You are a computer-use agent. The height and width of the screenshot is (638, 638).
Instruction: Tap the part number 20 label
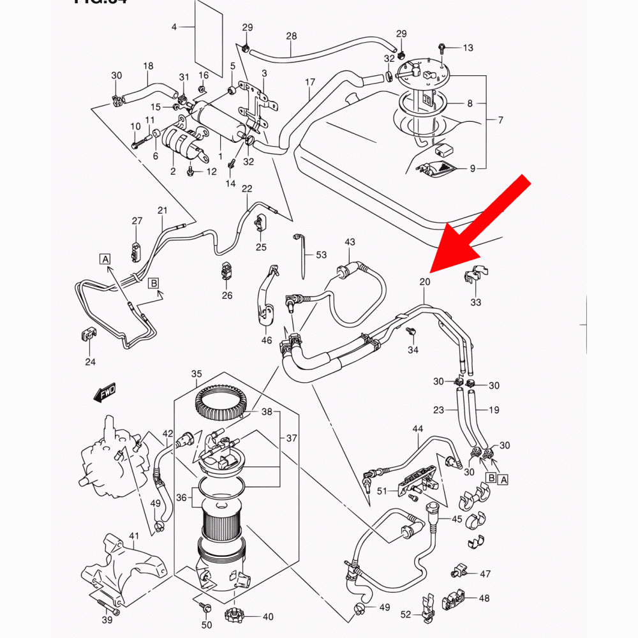click(x=425, y=281)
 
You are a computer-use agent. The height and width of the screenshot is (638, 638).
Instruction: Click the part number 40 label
click(x=268, y=617)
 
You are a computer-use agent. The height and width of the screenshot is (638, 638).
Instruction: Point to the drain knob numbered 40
click(x=234, y=617)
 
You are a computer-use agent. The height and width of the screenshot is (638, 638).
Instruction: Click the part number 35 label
click(x=197, y=374)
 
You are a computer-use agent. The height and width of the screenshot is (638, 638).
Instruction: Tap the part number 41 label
click(x=134, y=535)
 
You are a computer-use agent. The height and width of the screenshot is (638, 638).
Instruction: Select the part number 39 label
click(x=107, y=620)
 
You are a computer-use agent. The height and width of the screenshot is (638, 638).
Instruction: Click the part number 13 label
click(x=468, y=48)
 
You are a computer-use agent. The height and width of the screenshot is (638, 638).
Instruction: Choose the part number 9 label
click(x=473, y=168)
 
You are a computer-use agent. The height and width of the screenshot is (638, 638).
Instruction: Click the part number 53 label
click(x=321, y=255)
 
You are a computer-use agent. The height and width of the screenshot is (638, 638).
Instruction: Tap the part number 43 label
click(x=350, y=242)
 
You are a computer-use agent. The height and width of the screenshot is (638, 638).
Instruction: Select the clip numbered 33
click(x=475, y=277)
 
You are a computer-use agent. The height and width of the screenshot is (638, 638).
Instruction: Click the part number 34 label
click(x=413, y=350)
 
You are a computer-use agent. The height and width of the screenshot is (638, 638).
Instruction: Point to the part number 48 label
click(x=484, y=598)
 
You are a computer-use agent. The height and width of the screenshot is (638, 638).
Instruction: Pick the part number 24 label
click(x=90, y=362)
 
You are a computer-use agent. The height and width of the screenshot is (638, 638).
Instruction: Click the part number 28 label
click(x=292, y=36)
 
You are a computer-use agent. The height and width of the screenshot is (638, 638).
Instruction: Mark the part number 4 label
click(x=174, y=27)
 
